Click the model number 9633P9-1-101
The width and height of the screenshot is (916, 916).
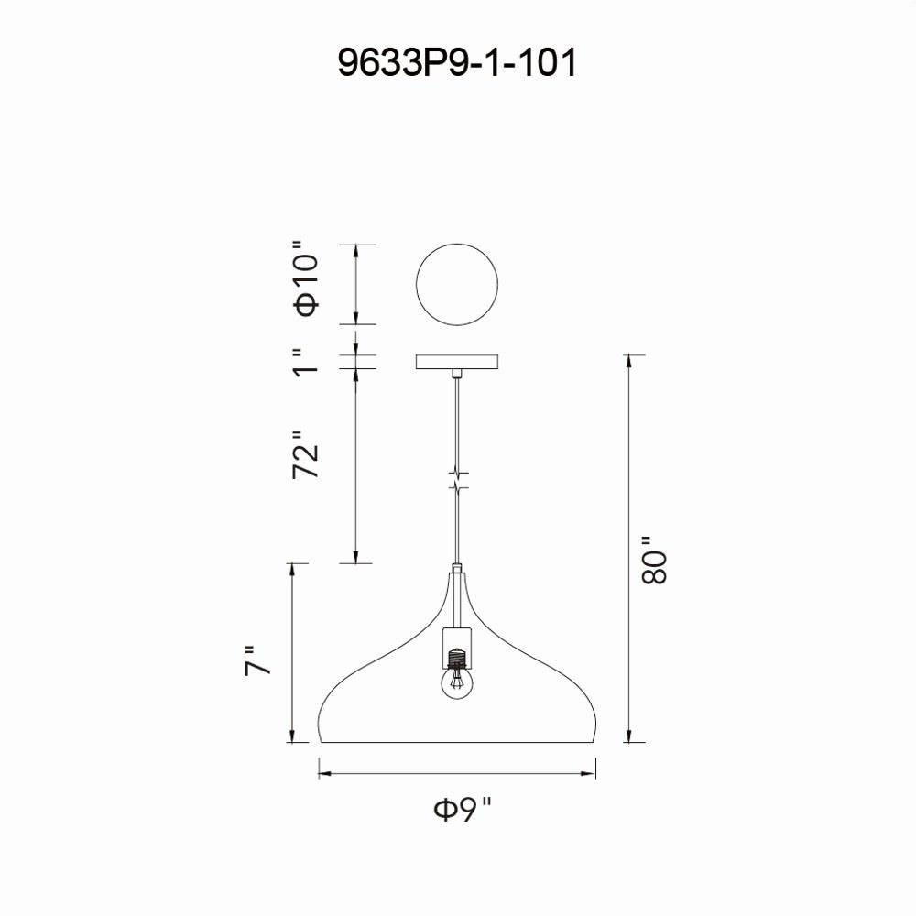(x=457, y=63)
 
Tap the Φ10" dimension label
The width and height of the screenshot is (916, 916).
(x=307, y=278)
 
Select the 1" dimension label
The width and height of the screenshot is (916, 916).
(x=306, y=362)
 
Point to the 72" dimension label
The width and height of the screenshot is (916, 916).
(x=306, y=455)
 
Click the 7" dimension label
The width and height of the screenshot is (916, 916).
(x=257, y=660)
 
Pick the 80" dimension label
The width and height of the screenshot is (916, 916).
(x=654, y=560)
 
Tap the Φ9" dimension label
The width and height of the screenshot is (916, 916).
(x=463, y=810)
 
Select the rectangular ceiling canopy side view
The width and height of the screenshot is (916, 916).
(x=457, y=362)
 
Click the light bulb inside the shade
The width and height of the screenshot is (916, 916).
(x=457, y=682)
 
